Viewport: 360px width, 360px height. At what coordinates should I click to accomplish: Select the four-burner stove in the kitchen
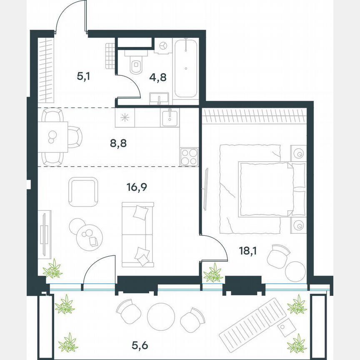tap(189, 157)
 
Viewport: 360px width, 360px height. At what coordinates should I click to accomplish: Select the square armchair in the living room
tap(83, 192)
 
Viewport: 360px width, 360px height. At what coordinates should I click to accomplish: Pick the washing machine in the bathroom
tap(163, 45)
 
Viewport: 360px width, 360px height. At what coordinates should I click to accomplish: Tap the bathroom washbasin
tap(159, 99)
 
